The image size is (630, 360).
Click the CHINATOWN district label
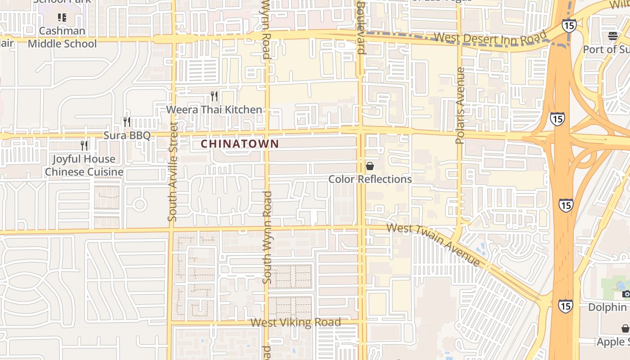tap(240, 144)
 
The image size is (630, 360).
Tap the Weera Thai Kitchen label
tap(214, 110)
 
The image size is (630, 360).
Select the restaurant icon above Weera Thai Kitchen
tap(214, 96)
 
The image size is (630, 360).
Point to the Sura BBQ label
tap(127, 135)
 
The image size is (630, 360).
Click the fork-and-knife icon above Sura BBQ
tap(127, 121)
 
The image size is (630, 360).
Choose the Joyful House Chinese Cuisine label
tap(84, 166)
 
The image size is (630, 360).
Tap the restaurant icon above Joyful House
tap(84, 145)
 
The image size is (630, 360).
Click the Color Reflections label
tap(370, 179)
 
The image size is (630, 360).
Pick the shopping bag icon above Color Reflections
tap(370, 166)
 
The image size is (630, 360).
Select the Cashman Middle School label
tap(62, 37)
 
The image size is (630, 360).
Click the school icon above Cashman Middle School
tap(62, 18)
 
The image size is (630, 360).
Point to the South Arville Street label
tap(173, 171)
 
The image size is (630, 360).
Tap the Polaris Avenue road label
tap(460, 105)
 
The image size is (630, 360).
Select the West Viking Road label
tap(295, 323)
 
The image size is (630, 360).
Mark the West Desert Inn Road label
tap(490, 38)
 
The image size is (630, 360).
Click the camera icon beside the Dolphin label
tap(626, 294)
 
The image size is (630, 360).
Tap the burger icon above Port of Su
tap(612, 36)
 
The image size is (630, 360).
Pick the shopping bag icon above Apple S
tap(625, 328)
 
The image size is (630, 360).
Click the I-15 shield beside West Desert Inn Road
tap(569, 25)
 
